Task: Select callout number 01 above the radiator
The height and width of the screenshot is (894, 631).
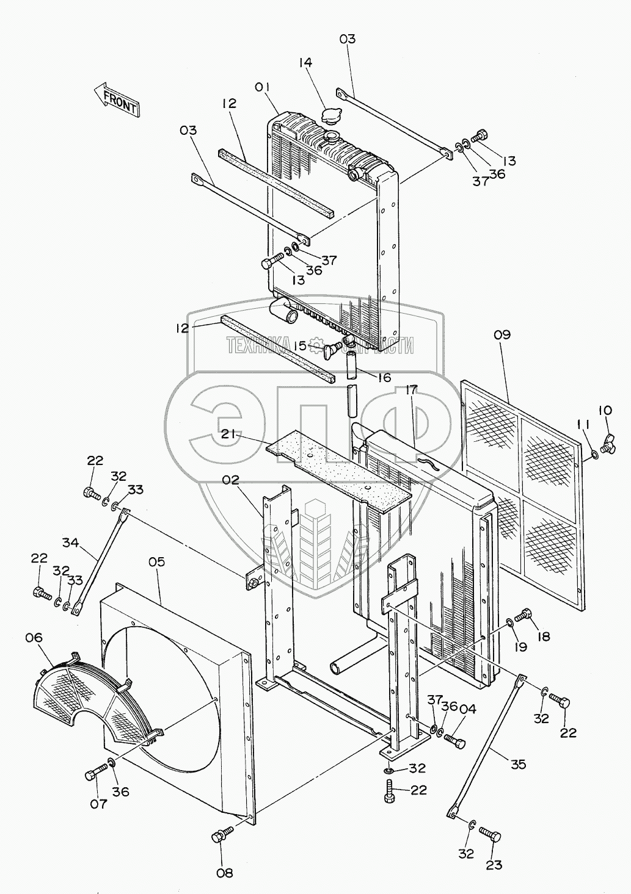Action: (263, 87)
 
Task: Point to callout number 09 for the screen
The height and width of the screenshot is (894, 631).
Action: (502, 335)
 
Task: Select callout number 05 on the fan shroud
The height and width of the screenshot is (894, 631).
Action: (156, 561)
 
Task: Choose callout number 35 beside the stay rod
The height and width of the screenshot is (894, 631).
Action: (518, 765)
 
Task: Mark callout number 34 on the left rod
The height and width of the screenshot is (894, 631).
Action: (71, 541)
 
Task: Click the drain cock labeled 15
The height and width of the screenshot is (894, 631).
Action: (334, 348)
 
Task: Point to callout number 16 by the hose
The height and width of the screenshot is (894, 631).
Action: (384, 378)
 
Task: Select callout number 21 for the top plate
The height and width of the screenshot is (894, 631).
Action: (228, 434)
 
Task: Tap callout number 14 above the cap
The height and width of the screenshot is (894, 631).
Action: (305, 62)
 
